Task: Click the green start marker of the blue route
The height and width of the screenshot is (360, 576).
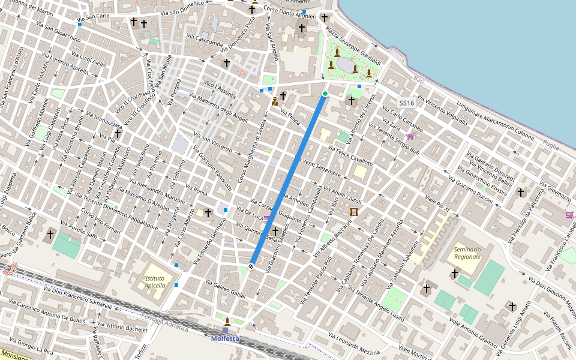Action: click(x=325, y=94)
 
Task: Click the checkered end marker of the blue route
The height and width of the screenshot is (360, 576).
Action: click(x=251, y=265)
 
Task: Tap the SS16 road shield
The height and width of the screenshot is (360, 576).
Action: click(x=406, y=103)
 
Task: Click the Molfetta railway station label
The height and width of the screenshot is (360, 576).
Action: click(x=226, y=338)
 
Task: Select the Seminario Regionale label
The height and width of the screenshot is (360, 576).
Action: click(x=467, y=253)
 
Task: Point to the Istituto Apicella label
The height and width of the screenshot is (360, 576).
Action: click(x=158, y=282)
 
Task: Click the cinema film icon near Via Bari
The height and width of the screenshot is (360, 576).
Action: click(x=354, y=211)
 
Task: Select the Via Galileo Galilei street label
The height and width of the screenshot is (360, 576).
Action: click(x=226, y=289)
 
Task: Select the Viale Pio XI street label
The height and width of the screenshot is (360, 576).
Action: click(x=437, y=202)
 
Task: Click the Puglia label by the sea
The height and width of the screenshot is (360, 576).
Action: click(x=550, y=144)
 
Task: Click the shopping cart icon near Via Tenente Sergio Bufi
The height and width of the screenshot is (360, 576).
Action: click(x=410, y=136)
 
